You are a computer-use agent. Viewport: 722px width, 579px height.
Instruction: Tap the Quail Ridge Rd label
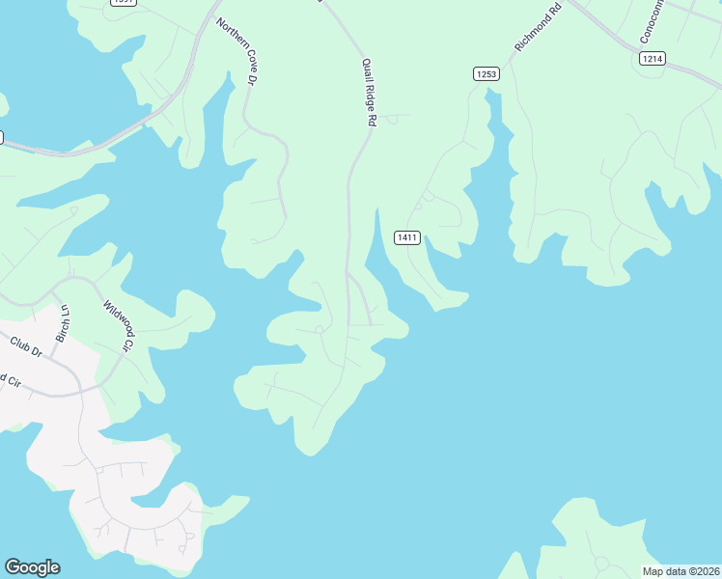[368, 93]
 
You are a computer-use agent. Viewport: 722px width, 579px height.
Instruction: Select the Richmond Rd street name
[538, 28]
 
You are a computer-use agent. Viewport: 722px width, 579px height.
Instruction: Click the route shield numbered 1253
[486, 74]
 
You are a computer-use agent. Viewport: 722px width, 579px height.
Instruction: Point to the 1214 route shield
[652, 59]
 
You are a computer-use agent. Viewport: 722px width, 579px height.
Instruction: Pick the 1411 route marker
[406, 237]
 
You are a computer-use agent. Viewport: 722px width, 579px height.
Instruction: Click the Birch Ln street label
[64, 322]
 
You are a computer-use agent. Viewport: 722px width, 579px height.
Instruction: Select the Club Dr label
[26, 346]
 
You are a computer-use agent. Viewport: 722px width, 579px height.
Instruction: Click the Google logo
[32, 567]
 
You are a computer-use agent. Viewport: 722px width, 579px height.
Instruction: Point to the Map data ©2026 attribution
[680, 571]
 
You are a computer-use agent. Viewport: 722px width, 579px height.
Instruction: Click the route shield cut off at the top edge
[123, 2]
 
